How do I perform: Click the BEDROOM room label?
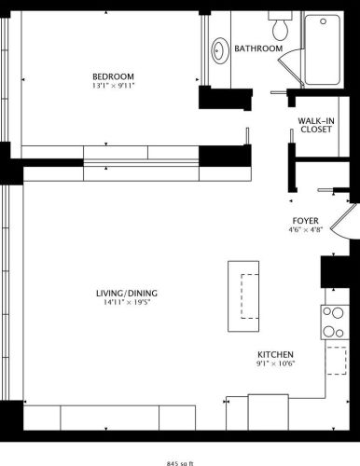pos(113,76)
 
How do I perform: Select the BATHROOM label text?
pos(258,48)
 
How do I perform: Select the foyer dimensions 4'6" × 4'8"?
pos(307,232)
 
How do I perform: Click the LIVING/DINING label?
pos(128,296)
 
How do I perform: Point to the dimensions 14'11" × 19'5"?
pos(128,306)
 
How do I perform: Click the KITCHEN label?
pos(276,355)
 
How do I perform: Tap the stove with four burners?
pos(333,322)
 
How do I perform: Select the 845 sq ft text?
pos(179,460)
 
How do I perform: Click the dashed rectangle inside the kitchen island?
pos(247,298)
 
